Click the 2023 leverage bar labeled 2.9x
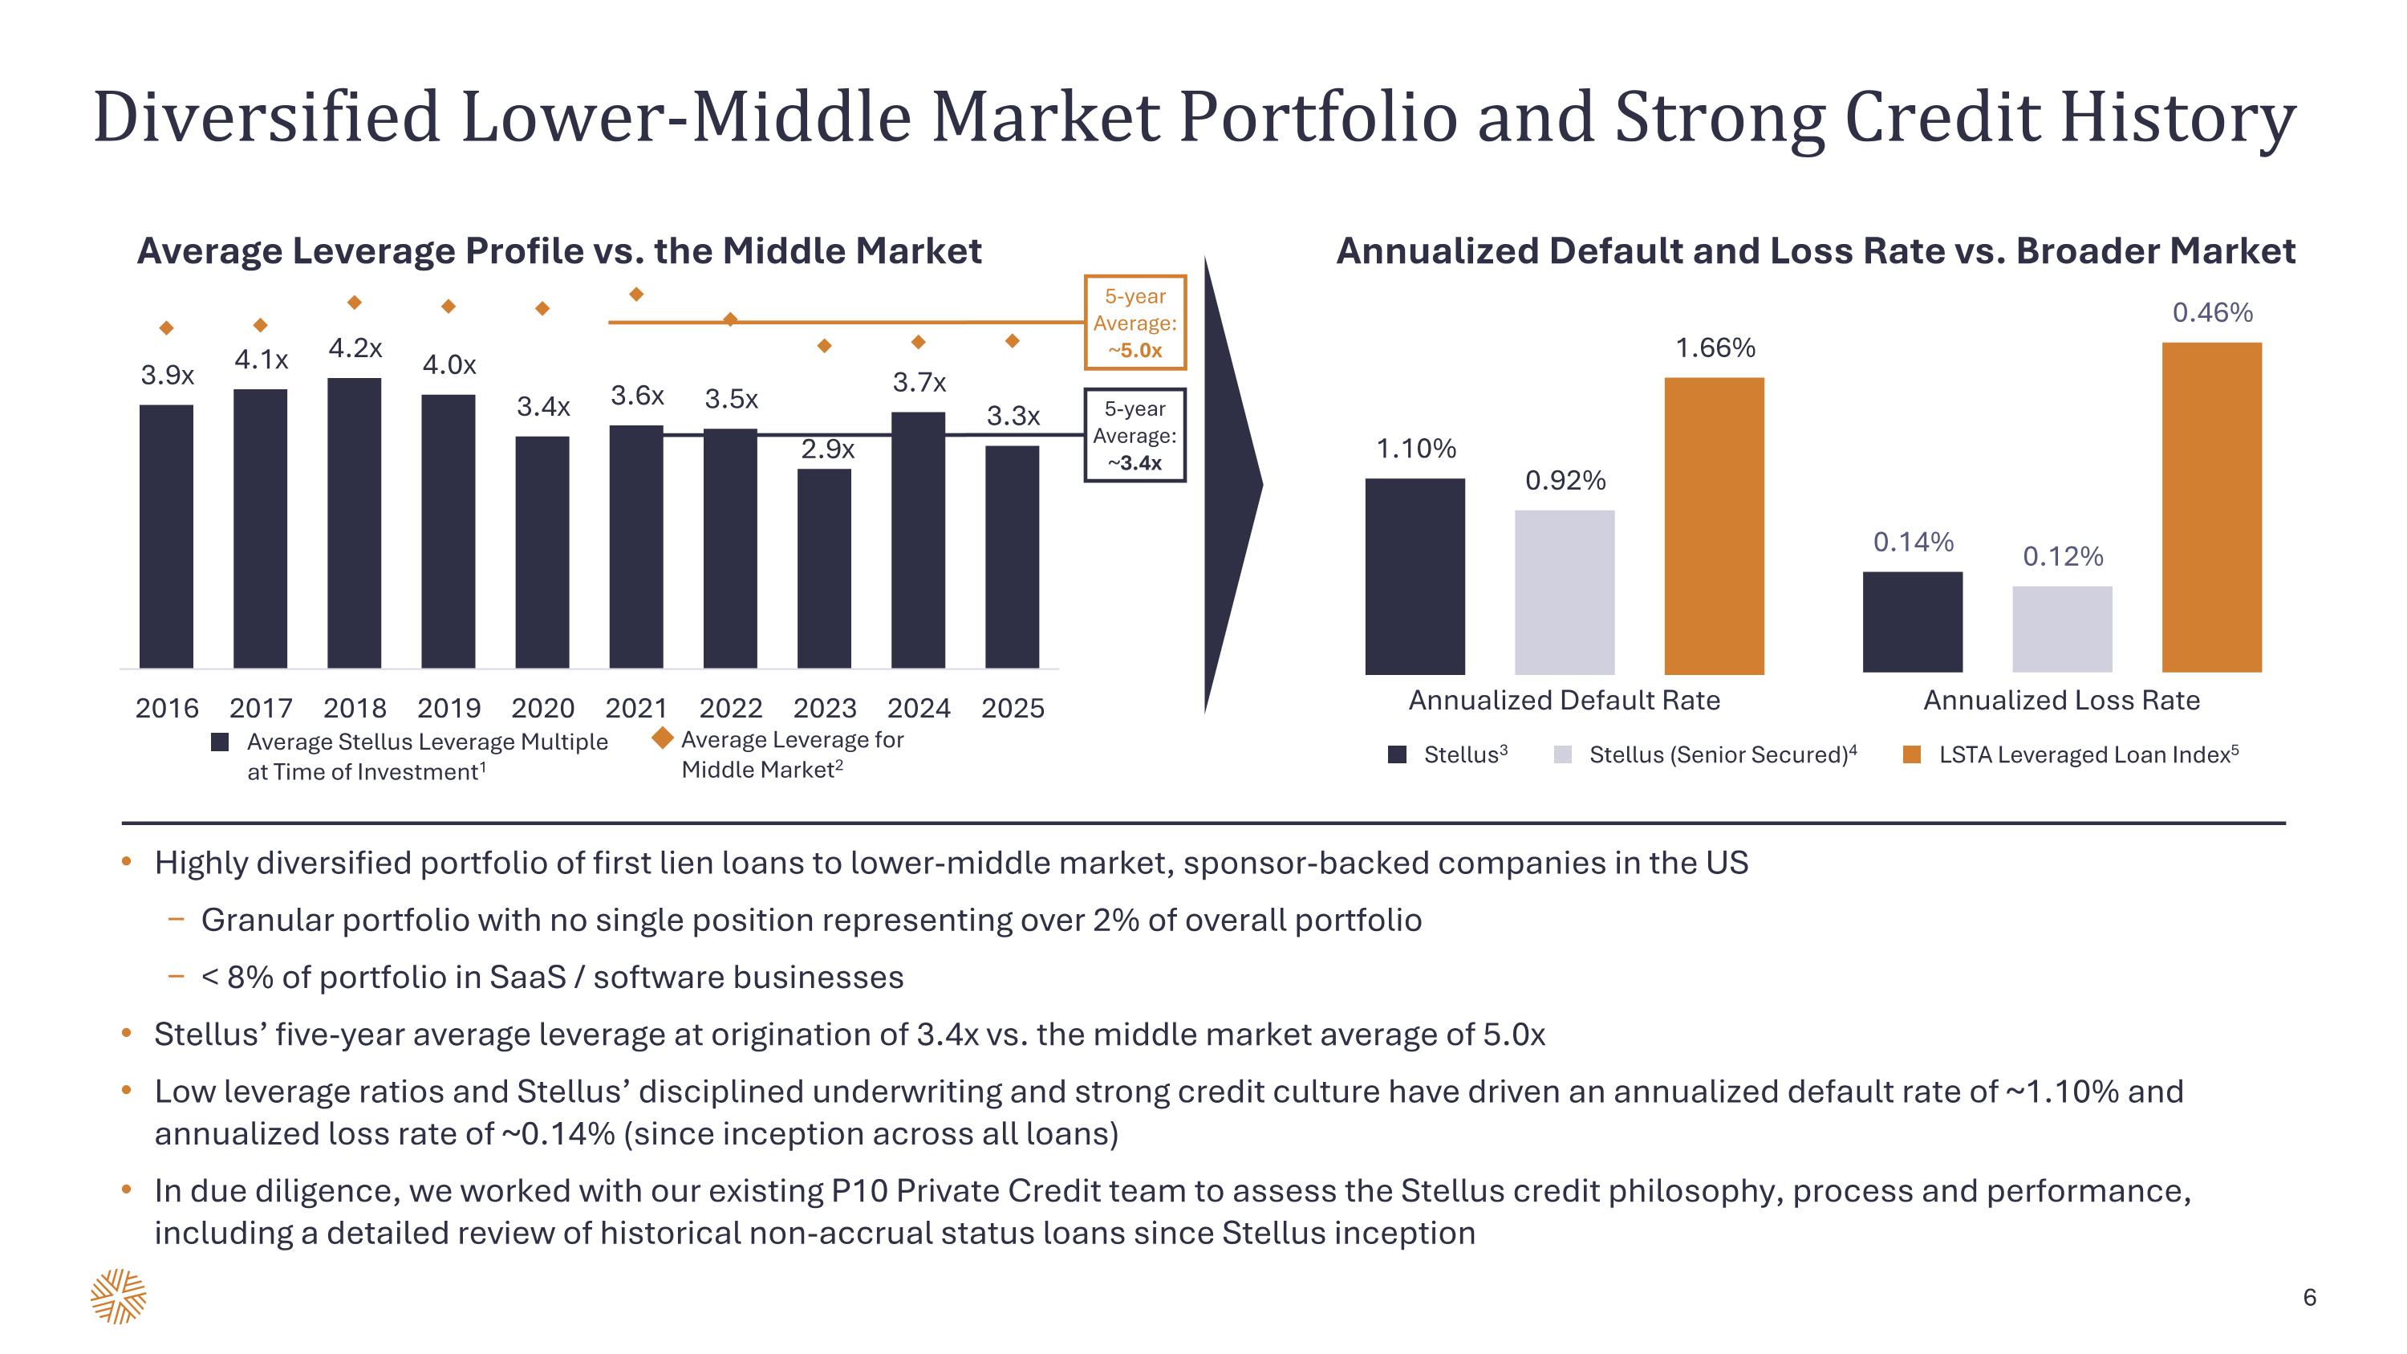824,568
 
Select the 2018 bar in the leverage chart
354,523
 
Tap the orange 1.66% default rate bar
1714,525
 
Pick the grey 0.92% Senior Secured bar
1565,592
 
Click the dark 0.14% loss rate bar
1912,621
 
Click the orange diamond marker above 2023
824,346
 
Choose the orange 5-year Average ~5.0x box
1134,323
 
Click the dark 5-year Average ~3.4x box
1134,436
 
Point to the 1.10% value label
1415,449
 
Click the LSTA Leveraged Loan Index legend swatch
1912,755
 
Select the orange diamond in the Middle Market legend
663,738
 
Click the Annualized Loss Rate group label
2061,701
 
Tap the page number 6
2310,1297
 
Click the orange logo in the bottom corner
119,1296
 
